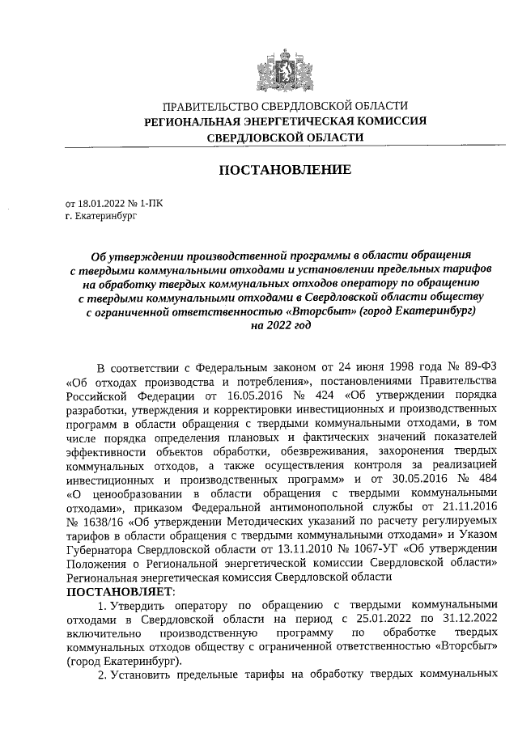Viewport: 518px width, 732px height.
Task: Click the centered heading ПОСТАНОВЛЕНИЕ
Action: (285, 170)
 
